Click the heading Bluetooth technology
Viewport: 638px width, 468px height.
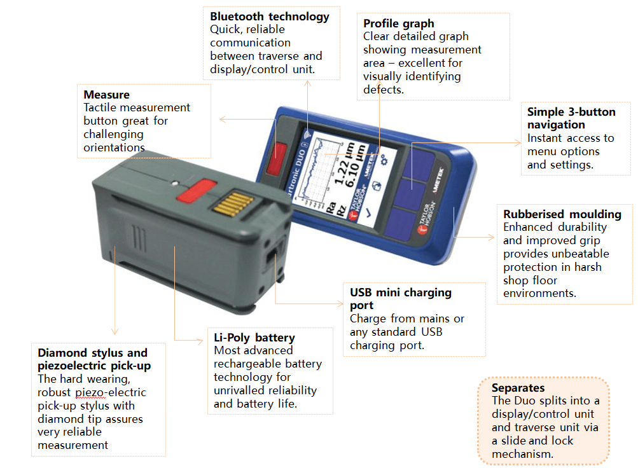pos(270,17)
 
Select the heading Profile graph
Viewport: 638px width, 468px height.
pos(398,24)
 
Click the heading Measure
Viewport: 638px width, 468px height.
pos(106,95)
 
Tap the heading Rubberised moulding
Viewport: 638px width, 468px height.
pos(562,214)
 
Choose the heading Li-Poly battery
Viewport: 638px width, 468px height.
pos(254,338)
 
